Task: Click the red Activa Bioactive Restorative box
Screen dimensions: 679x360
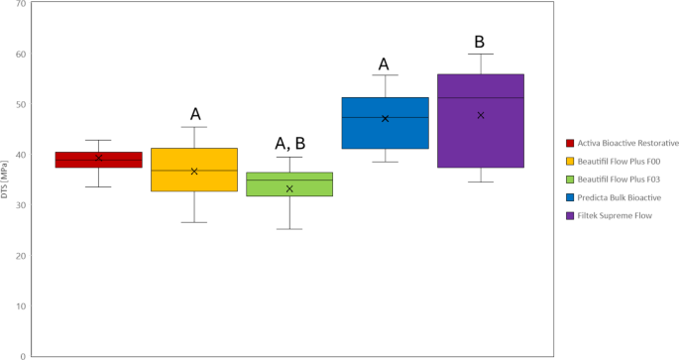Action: [x=98, y=161]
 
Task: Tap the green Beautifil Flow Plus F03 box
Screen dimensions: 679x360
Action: [x=289, y=184]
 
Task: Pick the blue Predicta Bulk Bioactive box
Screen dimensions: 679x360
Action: [x=385, y=123]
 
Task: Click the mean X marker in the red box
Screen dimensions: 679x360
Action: [x=98, y=158]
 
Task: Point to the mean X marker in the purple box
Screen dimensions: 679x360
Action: [x=481, y=115]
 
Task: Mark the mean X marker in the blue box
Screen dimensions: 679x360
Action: [x=385, y=118]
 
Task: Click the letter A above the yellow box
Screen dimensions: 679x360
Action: [x=195, y=114]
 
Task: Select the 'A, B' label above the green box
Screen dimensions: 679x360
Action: [x=289, y=143]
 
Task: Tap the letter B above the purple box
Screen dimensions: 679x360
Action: [x=480, y=42]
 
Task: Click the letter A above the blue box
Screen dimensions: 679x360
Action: [x=384, y=65]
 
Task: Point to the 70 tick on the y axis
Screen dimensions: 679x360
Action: [x=20, y=4]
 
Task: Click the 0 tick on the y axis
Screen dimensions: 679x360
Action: [x=23, y=355]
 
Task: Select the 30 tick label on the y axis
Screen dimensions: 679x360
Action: [x=20, y=205]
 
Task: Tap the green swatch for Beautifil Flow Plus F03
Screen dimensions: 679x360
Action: [x=570, y=180]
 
